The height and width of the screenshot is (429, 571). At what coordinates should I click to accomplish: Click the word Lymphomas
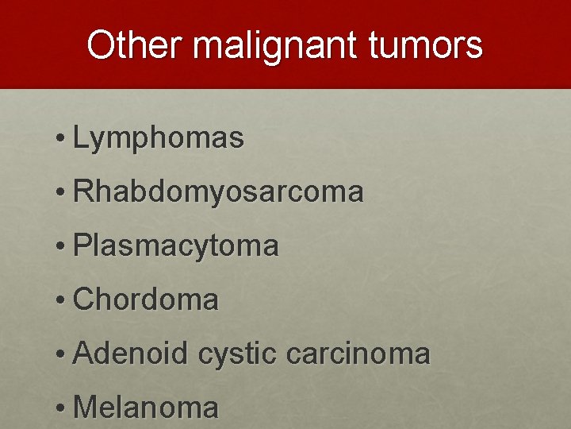[158, 139]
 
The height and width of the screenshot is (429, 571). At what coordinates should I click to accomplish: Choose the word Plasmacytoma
[175, 247]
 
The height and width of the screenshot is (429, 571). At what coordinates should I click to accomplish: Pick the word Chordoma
[145, 300]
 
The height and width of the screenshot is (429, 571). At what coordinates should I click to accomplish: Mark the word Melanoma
[145, 408]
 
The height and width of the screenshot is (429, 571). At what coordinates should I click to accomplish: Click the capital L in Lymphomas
[80, 138]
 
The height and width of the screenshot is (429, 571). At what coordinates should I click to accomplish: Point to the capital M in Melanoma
[83, 408]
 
